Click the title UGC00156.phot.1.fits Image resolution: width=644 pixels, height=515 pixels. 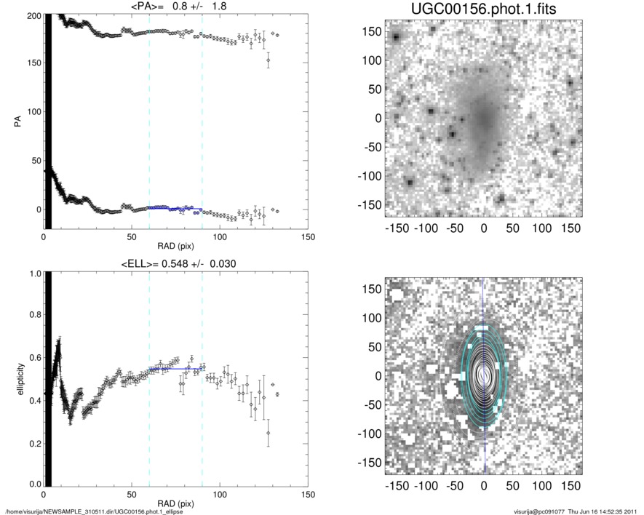[x=483, y=9]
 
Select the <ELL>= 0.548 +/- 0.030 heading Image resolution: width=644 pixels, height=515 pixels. [x=175, y=263]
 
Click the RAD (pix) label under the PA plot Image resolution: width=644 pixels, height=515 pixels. [x=175, y=246]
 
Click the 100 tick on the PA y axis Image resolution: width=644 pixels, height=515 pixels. [x=30, y=112]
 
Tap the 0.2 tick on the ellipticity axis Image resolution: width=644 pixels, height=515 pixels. [x=32, y=443]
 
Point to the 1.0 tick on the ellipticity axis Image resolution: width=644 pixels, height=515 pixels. [x=32, y=274]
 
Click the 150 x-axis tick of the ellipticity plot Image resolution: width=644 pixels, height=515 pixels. [x=307, y=495]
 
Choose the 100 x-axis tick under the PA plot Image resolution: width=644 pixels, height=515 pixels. [x=219, y=237]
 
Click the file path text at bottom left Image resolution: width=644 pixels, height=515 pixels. [x=95, y=511]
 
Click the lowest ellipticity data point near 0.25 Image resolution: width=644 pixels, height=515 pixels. [x=268, y=433]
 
